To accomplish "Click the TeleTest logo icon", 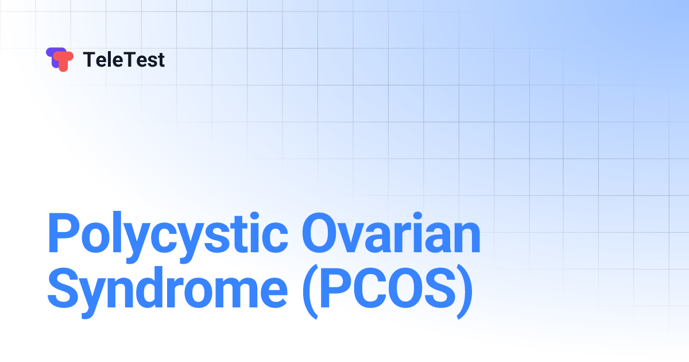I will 60,59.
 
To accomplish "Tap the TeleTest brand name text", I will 124,60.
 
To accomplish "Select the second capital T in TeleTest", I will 127,60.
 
